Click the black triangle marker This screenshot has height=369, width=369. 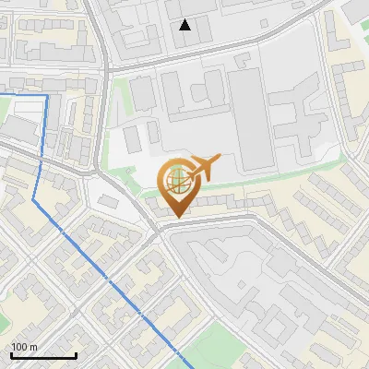pos(185,25)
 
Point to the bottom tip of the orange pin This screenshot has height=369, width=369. pos(176,218)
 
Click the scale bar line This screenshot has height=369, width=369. pos(43,355)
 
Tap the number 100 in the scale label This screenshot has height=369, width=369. pos(20,347)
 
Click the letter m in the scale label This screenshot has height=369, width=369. pos(34,347)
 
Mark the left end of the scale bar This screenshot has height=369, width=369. pos(11,355)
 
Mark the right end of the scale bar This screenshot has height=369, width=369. pos(76,355)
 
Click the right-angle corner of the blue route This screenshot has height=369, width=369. pos(47,95)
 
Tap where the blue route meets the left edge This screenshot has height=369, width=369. pos(1,94)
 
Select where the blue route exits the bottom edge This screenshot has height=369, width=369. pos(184,367)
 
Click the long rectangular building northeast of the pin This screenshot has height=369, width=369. pos(244,115)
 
